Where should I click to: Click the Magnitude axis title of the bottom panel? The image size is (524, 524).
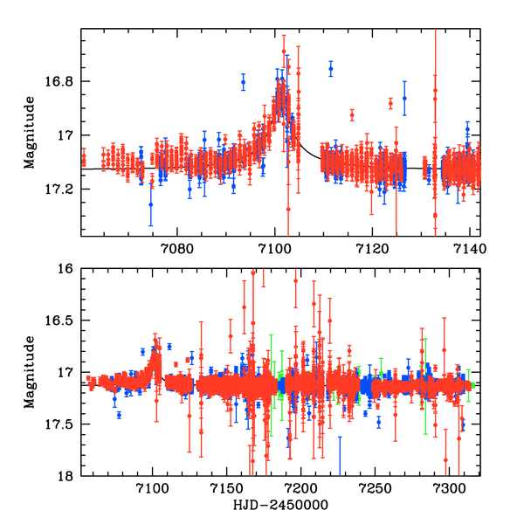pyautogui.click(x=30, y=372)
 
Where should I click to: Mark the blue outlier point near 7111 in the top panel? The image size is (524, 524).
pyautogui.click(x=331, y=67)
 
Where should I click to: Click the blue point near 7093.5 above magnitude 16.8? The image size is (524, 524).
pyautogui.click(x=243, y=83)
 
